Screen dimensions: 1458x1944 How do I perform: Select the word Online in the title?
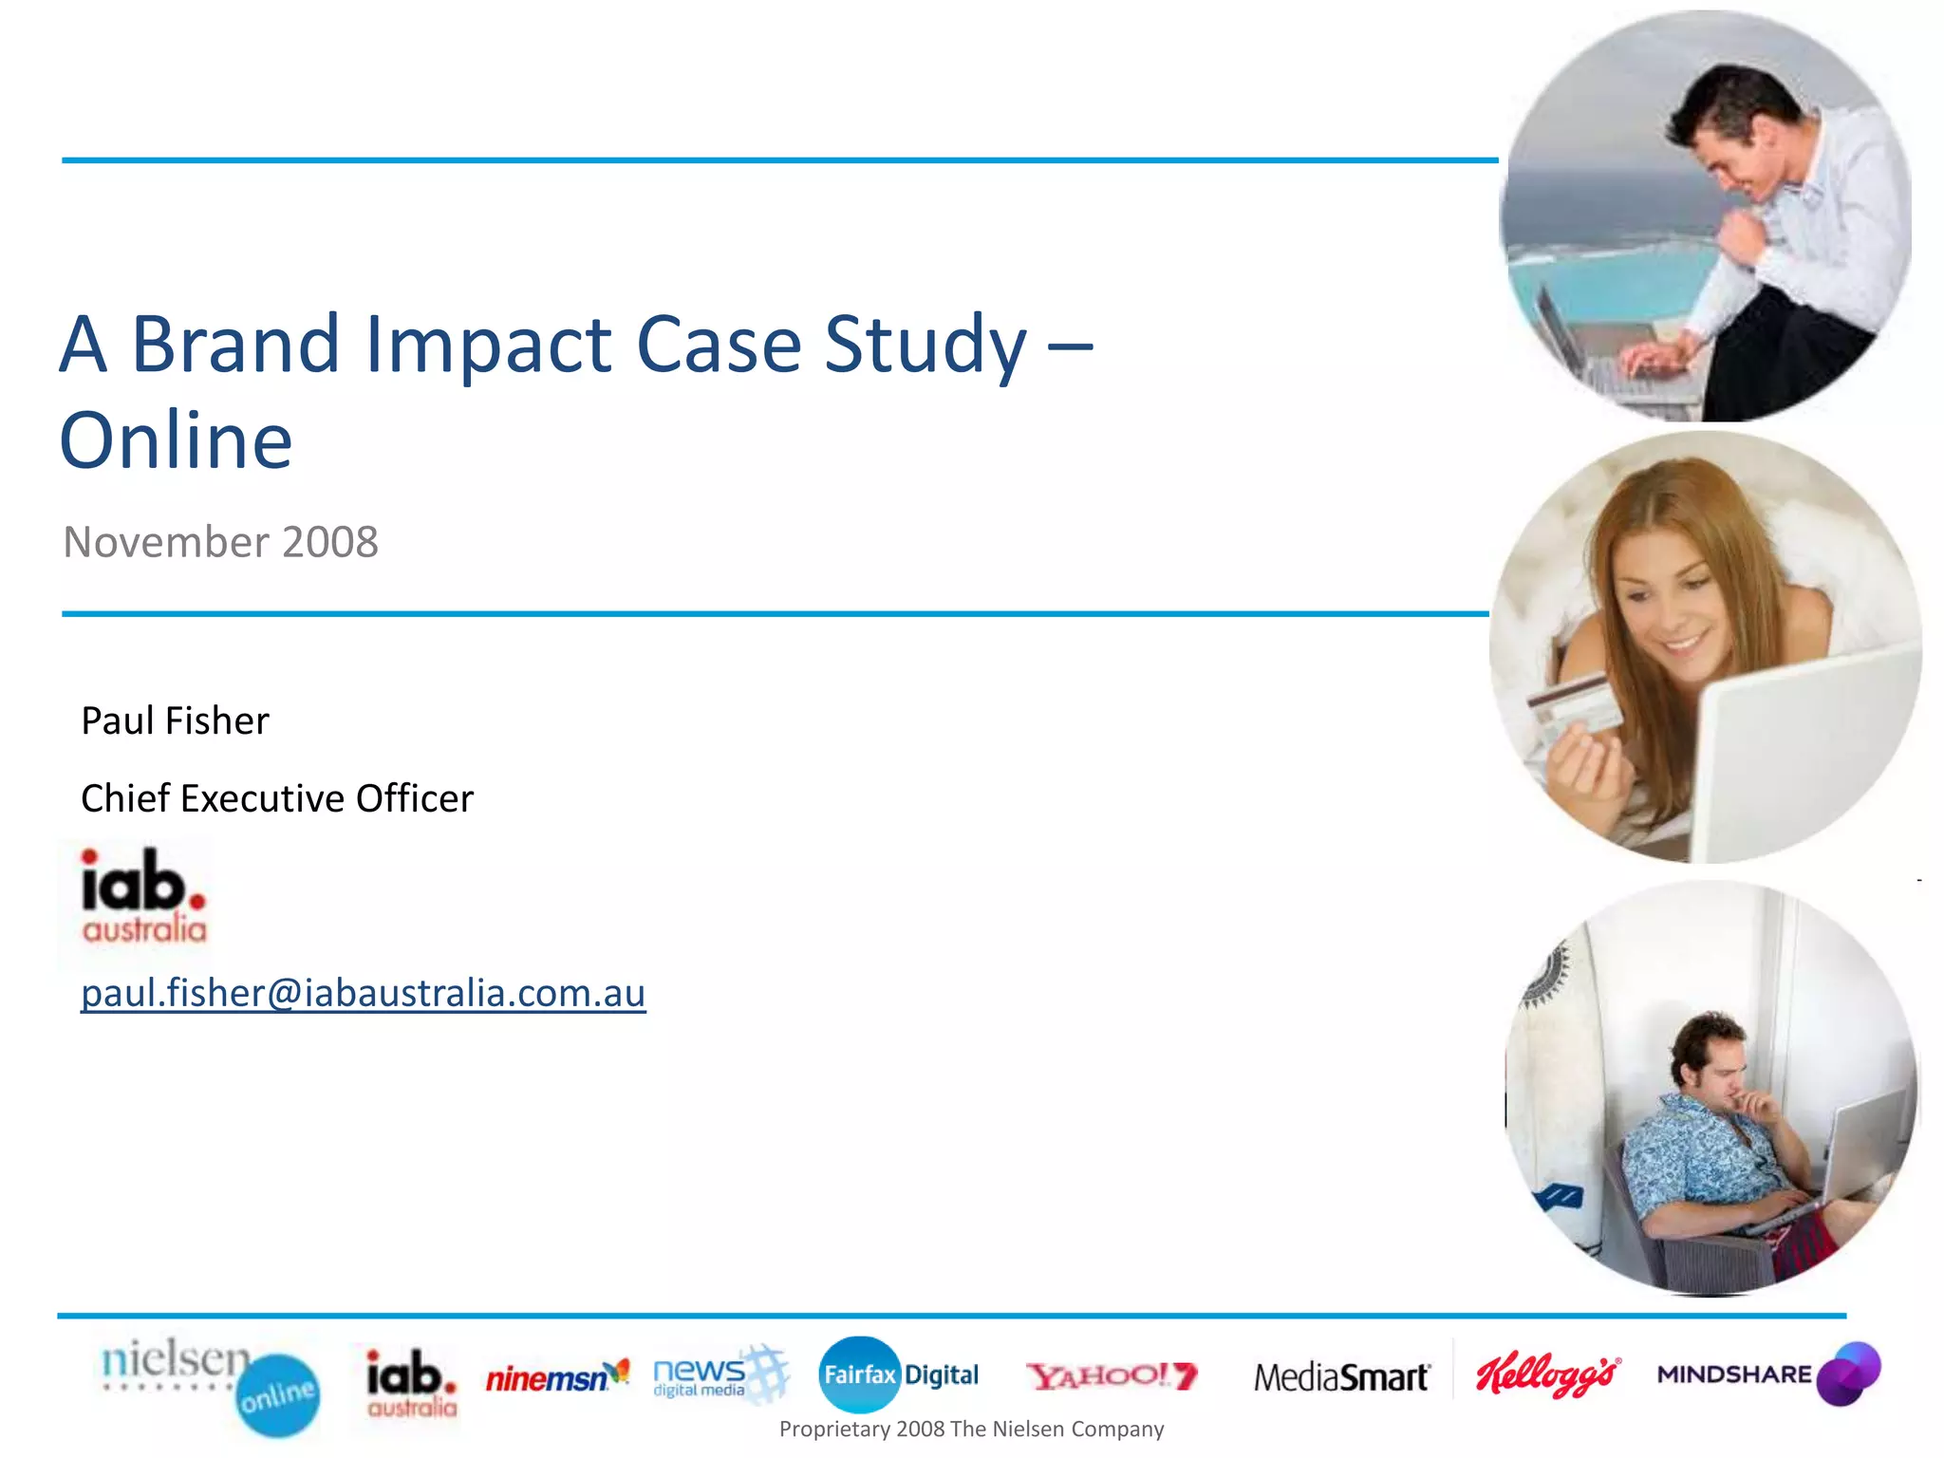[177, 440]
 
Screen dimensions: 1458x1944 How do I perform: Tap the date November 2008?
[220, 542]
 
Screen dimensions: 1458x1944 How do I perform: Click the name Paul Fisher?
[175, 720]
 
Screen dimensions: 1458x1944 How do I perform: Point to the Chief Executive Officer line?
[276, 798]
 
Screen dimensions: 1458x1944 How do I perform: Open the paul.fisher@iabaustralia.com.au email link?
[363, 993]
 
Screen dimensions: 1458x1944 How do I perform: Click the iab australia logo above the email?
[143, 895]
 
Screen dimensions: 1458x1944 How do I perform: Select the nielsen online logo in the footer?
[210, 1385]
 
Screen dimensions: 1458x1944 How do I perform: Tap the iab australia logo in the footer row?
[411, 1382]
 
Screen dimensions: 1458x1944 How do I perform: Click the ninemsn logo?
[556, 1376]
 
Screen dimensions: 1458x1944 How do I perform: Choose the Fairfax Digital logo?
[898, 1374]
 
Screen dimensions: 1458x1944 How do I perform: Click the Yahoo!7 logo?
[1112, 1375]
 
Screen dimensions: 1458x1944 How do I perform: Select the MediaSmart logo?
[1340, 1376]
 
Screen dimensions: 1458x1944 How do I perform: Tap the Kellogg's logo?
[1547, 1374]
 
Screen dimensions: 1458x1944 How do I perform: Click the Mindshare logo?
[1767, 1374]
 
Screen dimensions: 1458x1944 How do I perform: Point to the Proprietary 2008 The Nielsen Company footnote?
[971, 1429]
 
